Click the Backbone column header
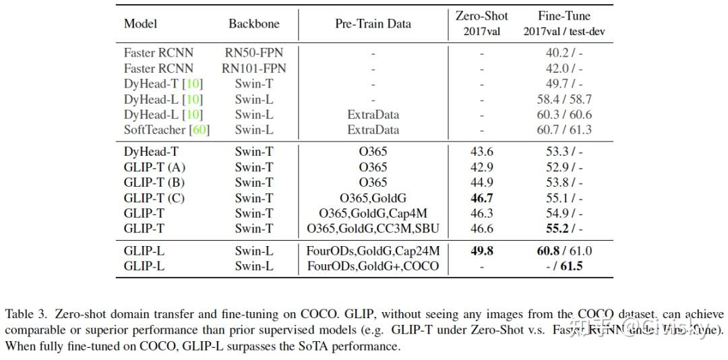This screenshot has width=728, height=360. [253, 24]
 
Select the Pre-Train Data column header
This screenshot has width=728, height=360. [373, 24]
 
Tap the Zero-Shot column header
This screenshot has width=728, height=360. [481, 16]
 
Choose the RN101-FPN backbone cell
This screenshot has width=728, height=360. [253, 68]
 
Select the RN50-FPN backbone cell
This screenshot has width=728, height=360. [253, 53]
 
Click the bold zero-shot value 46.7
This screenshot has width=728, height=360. [481, 198]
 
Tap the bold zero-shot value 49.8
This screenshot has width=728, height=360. [481, 251]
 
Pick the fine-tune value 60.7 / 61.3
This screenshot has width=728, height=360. [564, 130]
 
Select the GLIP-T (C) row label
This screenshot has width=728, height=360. [154, 198]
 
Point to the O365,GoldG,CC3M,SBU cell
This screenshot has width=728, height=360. [373, 229]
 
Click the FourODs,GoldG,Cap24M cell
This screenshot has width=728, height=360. [373, 251]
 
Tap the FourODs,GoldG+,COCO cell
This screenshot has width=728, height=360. [373, 266]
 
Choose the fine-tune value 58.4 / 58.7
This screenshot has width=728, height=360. [564, 99]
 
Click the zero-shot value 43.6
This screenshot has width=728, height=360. [481, 152]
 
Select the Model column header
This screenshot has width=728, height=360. [140, 24]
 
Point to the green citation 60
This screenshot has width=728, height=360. [200, 130]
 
